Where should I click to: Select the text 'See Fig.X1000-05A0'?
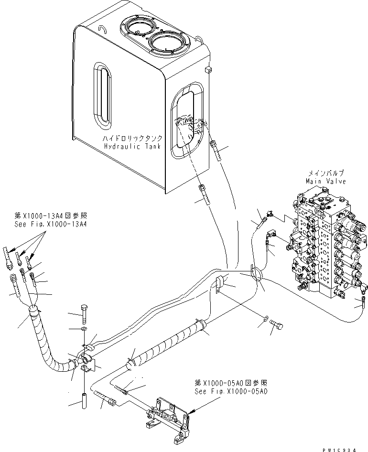pos(231,391)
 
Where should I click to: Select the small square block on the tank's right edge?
pos(207,70)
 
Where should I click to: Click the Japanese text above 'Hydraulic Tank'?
pos(135,138)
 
